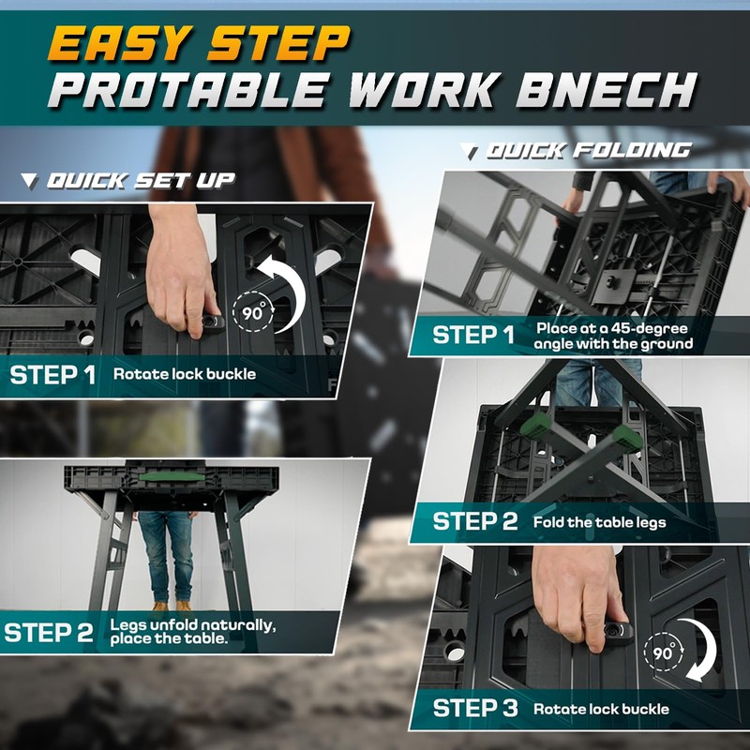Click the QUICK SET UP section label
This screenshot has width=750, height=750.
click(x=140, y=180)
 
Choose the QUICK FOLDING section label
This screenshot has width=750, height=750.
click(x=586, y=150)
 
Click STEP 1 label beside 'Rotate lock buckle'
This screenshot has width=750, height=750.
click(x=52, y=376)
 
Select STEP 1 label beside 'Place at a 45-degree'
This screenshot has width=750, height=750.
click(x=473, y=335)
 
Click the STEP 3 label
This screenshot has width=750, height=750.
click(x=474, y=708)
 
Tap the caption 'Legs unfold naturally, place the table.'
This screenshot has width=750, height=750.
click(x=192, y=631)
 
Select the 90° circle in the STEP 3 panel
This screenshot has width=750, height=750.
click(x=665, y=653)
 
